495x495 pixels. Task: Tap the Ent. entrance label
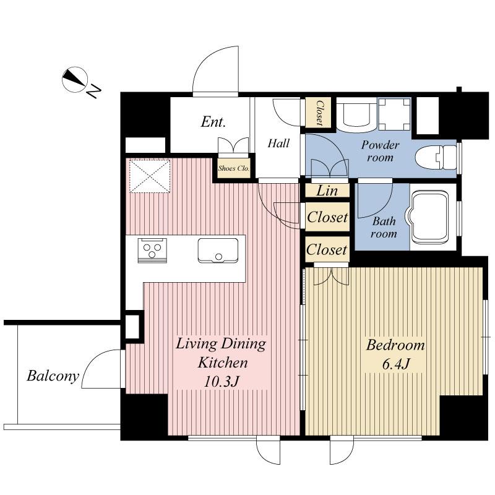pos(212,122)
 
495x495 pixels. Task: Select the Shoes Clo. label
pos(233,167)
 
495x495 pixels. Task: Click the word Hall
pos(278,144)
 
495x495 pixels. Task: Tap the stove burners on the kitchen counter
pos(153,251)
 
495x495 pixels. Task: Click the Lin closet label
pos(327,191)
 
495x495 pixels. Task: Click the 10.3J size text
pos(222,381)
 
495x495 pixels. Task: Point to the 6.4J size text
pos(395,364)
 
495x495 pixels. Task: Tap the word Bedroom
pos(395,345)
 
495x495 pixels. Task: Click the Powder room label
pos(381,151)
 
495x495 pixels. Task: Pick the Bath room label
pos(384,227)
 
